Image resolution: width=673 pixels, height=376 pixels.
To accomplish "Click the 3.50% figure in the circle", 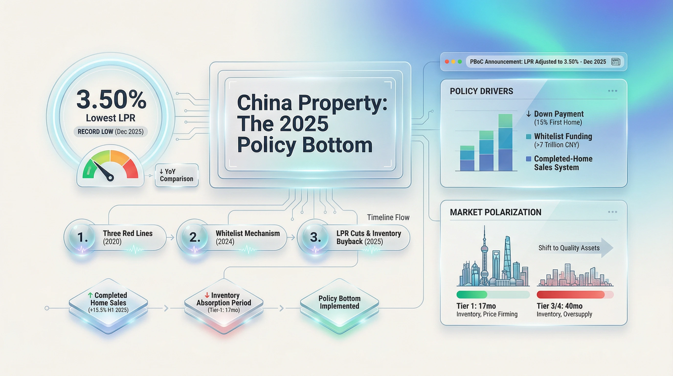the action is (x=111, y=99).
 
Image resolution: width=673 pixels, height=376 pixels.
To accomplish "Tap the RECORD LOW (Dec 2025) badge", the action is (x=111, y=131).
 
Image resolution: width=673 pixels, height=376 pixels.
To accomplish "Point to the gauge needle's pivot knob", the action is (x=111, y=178).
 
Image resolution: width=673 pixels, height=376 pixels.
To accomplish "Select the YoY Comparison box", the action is (x=177, y=175).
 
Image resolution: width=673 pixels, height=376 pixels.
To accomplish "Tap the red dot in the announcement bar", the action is (x=447, y=62).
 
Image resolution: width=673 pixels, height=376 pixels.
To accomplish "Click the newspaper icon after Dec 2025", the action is (x=616, y=62).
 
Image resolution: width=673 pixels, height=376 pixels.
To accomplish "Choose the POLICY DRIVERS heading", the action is (x=482, y=91).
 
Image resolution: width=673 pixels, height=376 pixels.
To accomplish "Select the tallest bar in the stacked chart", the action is (x=505, y=142).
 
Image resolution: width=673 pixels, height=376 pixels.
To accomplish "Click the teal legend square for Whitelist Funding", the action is (x=528, y=137).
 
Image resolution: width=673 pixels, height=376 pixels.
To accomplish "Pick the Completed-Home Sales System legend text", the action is (x=563, y=163).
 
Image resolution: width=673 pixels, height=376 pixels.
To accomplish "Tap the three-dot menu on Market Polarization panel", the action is (x=612, y=212).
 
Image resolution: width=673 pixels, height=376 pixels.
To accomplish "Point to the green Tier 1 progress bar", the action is (x=472, y=295).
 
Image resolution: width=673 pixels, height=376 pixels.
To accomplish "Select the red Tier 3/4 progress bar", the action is (x=571, y=295).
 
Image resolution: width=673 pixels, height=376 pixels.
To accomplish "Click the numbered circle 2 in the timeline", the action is (x=195, y=237).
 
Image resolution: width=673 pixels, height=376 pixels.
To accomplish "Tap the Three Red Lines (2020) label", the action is (x=127, y=237).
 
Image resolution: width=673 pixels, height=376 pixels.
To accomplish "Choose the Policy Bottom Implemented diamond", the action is (x=339, y=305).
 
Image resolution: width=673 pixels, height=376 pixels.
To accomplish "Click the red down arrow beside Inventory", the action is (x=207, y=295).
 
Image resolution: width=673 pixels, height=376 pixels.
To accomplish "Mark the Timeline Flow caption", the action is (x=388, y=217).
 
